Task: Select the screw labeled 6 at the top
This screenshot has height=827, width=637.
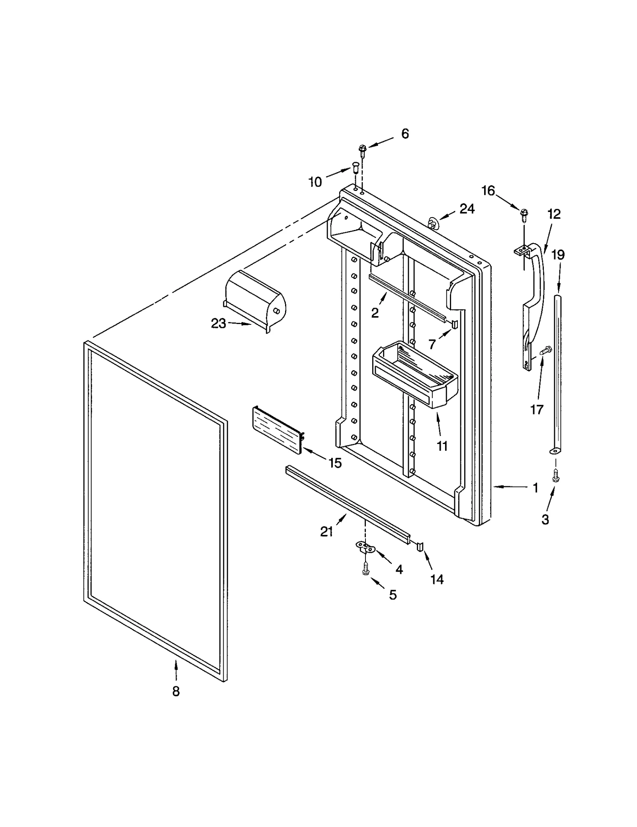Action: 362,150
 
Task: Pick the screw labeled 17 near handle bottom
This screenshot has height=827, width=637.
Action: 545,351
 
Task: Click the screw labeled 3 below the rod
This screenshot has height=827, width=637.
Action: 556,475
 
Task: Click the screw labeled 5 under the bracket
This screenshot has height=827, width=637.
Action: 365,570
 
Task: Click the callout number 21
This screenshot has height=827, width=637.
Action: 326,531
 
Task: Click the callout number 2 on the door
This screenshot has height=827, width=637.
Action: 375,313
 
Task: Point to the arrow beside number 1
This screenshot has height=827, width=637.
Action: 508,487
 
